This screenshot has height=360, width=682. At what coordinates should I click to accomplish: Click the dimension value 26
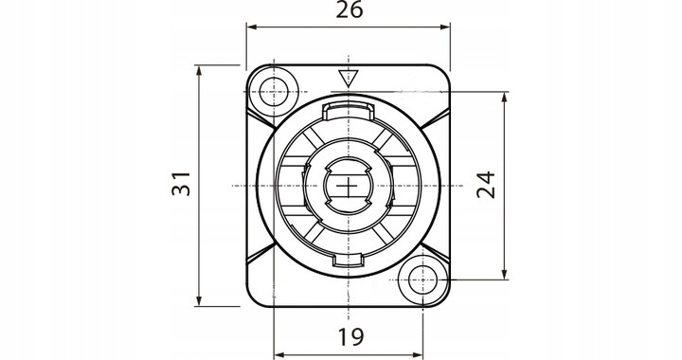[x=350, y=9]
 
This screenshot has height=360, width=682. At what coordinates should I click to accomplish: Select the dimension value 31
[x=181, y=184]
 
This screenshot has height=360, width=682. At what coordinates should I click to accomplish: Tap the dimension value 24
[x=486, y=185]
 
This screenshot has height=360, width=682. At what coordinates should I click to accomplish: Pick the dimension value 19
[x=350, y=337]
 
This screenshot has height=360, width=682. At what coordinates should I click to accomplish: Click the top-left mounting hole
[x=274, y=92]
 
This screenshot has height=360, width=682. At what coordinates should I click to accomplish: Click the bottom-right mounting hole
[x=422, y=280]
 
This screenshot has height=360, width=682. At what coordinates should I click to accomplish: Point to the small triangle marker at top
[x=348, y=79]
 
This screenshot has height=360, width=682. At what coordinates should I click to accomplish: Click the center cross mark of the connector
[x=348, y=186]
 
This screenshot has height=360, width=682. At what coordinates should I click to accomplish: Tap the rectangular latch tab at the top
[x=348, y=111]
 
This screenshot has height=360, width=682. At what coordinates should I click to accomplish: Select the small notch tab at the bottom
[x=348, y=261]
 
